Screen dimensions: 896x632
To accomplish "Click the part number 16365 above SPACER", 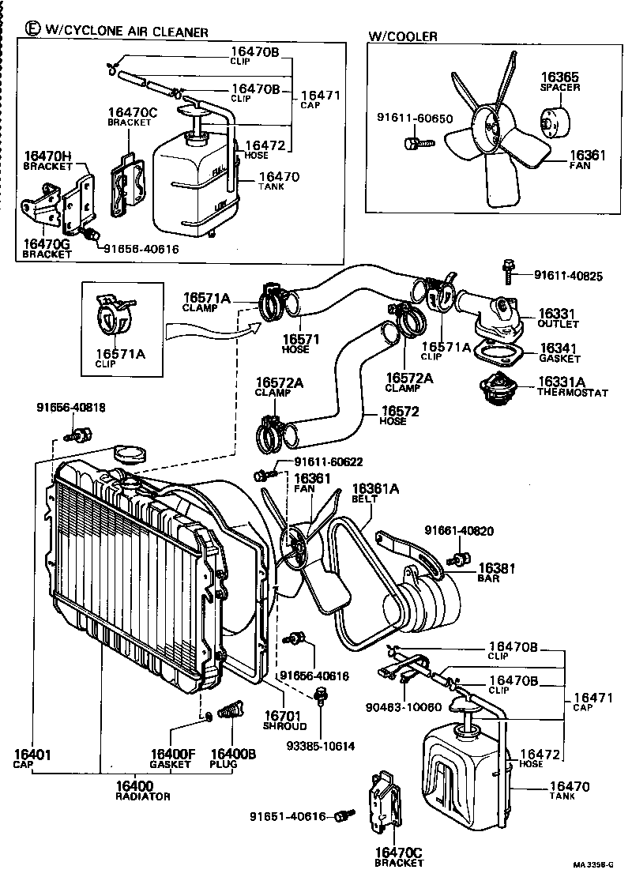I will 559,77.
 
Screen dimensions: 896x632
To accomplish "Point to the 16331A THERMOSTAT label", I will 573,386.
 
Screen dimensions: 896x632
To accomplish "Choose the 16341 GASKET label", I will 559,352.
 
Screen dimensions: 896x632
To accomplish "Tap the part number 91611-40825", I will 568,276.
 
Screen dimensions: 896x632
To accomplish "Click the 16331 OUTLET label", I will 559,318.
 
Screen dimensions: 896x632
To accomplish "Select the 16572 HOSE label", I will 400,416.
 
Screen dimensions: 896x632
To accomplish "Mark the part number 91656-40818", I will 70,408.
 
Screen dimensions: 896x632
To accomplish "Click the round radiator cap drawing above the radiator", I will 130,454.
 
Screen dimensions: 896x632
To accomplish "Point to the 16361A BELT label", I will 375,494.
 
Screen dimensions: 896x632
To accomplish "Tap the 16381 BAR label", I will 497,572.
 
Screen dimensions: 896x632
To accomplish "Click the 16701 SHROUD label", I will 285,721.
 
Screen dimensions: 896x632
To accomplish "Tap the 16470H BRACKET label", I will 47,161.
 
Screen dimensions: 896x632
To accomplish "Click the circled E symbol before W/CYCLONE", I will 32,29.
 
